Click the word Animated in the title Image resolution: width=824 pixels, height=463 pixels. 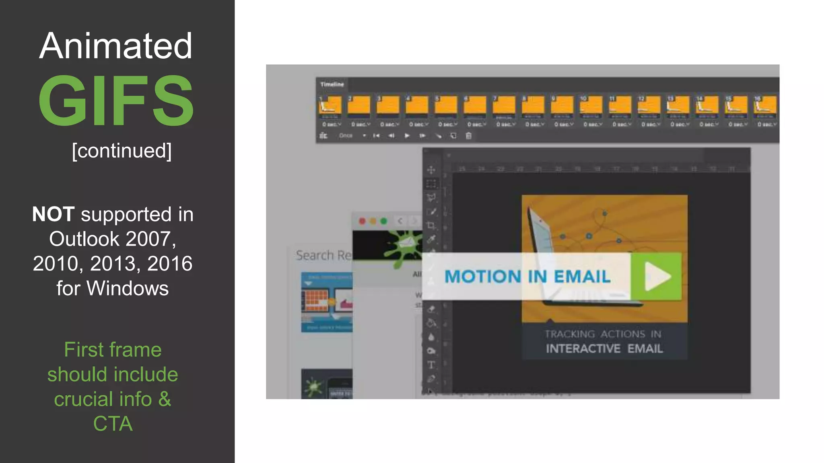(116, 46)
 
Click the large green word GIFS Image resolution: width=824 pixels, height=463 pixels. (116, 100)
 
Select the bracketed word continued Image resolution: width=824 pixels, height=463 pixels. (122, 151)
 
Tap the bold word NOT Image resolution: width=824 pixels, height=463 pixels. (53, 214)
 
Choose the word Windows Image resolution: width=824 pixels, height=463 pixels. (128, 289)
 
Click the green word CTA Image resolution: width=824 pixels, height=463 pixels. (113, 424)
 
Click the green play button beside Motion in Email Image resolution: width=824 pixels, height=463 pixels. (656, 277)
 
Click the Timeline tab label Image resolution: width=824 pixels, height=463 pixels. (332, 84)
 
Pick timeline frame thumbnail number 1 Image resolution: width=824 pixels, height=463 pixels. (330, 106)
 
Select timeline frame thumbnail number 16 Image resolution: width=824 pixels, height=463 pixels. (765, 106)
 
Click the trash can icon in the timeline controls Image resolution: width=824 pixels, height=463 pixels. (469, 136)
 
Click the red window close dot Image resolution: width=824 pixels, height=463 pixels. (362, 221)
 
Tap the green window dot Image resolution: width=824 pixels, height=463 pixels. (384, 221)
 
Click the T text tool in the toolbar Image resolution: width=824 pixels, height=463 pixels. (431, 365)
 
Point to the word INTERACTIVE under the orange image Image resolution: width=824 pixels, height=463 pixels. (583, 348)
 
